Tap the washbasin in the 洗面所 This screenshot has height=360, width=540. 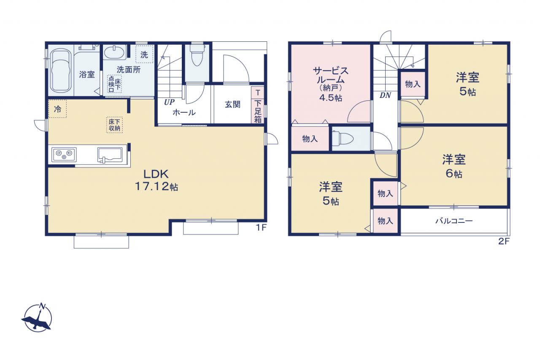[x=114, y=52]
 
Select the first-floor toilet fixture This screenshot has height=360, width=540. [x=197, y=55]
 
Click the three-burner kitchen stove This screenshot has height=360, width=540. [x=64, y=154]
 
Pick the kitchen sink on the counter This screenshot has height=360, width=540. [x=110, y=155]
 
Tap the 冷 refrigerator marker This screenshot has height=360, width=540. [x=58, y=109]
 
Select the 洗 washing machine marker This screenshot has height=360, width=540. [x=144, y=54]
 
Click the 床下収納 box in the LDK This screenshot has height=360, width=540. [x=114, y=125]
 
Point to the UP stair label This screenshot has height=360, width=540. [x=169, y=102]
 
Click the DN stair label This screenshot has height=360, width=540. [x=385, y=95]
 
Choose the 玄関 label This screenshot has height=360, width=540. [x=232, y=105]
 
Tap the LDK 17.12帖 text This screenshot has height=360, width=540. [x=156, y=180]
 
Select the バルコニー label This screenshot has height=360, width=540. [x=454, y=221]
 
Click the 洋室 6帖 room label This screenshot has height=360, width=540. [x=454, y=166]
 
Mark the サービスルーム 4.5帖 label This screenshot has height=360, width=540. [x=330, y=84]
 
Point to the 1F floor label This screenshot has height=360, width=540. [x=261, y=227]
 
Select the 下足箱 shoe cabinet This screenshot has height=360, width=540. [x=257, y=105]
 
